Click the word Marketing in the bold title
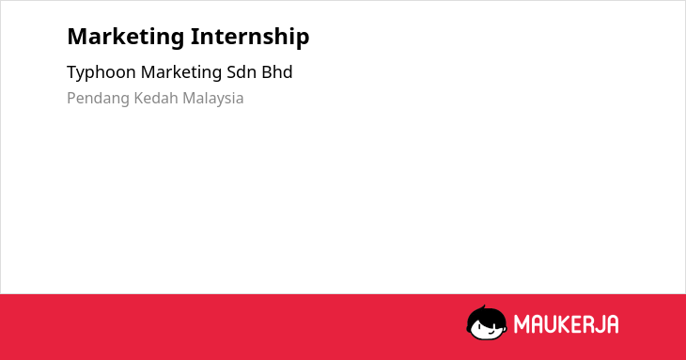(x=126, y=38)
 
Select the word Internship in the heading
(x=250, y=37)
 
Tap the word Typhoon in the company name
(x=101, y=73)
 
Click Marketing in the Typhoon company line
(x=181, y=73)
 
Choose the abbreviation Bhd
(x=277, y=72)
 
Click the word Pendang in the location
(x=98, y=99)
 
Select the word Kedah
(x=156, y=98)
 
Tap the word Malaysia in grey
(x=212, y=99)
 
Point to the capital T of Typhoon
(x=72, y=72)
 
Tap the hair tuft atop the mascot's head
(x=483, y=307)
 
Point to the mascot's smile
(x=491, y=333)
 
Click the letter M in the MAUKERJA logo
(x=521, y=324)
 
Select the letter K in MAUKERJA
(x=566, y=324)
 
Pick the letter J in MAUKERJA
(x=598, y=324)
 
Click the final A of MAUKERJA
(x=612, y=324)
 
